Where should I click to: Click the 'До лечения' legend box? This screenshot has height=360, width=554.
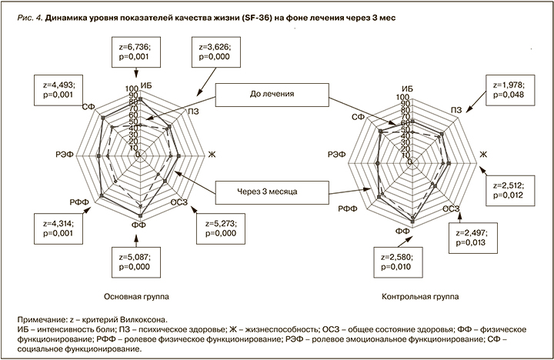pos(269,96)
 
